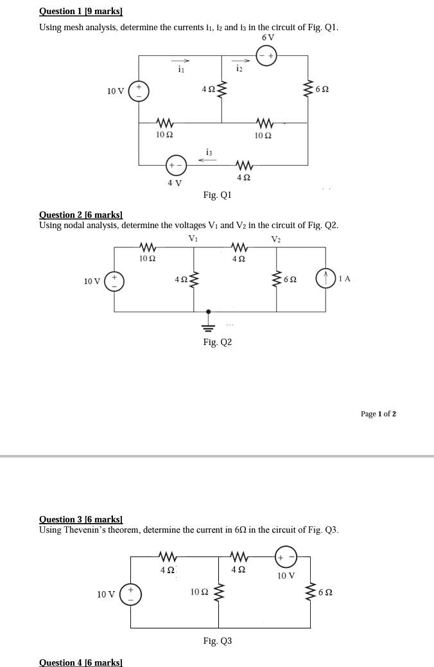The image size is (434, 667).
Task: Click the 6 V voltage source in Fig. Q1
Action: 267,56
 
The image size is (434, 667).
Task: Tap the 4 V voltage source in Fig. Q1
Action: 175,165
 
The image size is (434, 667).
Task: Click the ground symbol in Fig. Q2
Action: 207,321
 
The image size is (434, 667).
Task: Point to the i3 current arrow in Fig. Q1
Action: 207,160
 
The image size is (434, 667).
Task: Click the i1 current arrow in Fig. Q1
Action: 181,62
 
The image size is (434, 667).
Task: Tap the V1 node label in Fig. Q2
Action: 193,238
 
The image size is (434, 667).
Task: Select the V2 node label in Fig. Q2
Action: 276,239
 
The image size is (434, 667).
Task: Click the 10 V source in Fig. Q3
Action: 130,594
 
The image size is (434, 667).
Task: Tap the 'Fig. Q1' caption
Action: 217,195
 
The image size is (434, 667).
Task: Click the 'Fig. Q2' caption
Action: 217,342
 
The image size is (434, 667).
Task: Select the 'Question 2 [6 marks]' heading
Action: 81,215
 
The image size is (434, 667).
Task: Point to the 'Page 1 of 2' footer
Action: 378,414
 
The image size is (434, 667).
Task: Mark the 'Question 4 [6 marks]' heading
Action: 81,663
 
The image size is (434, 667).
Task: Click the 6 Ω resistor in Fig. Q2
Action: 277,280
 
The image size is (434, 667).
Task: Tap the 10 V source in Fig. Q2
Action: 114,281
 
